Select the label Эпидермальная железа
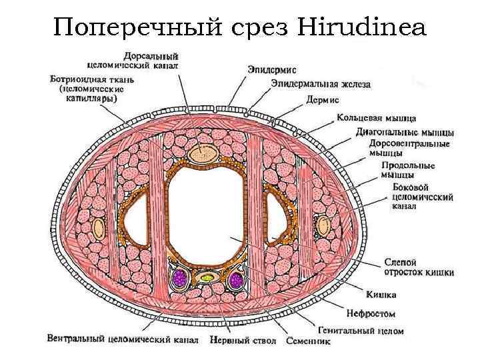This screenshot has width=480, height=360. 321,84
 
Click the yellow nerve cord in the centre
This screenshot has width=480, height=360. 207,277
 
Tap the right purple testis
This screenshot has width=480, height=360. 237,281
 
